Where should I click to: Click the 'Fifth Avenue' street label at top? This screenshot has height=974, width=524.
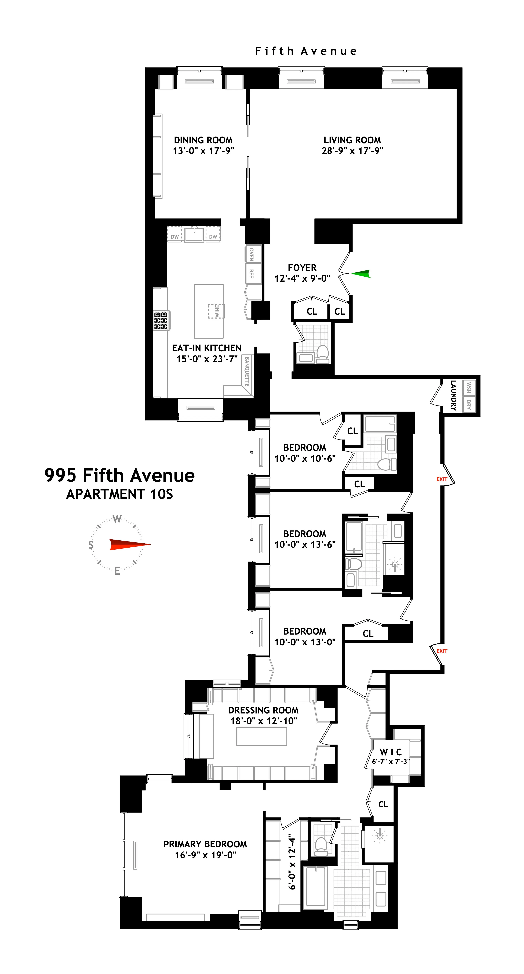pos(306,51)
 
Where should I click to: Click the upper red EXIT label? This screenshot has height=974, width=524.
pos(442,479)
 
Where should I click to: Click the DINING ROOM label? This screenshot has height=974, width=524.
pos(203,140)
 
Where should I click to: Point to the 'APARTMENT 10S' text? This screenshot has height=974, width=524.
pos(119,494)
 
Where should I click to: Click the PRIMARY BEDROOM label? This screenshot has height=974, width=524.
pos(205,844)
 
